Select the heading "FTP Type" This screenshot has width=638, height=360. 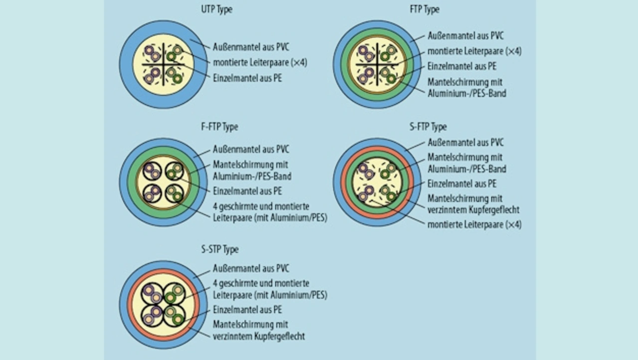tap(424, 9)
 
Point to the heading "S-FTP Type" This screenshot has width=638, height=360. tap(428, 127)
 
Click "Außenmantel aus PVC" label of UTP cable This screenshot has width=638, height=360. tap(251, 47)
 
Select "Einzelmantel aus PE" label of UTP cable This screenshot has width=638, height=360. tap(247, 78)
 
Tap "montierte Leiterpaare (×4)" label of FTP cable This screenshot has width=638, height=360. tap(475, 51)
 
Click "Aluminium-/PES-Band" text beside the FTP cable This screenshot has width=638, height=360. tap(467, 93)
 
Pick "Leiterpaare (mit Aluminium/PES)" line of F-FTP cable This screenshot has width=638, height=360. tap(270, 217)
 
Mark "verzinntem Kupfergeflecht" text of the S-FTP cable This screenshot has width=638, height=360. tap(473, 209)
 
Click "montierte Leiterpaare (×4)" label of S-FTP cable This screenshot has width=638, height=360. tap(475, 224)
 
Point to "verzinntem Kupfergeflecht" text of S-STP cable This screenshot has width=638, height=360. tap(259, 336)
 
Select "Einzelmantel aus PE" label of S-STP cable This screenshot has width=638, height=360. tap(247, 310)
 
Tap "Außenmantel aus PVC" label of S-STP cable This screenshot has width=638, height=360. tap(251, 269)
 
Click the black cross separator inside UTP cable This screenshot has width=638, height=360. tap(163, 64)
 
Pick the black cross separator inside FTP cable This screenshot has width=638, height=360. tap(377, 64)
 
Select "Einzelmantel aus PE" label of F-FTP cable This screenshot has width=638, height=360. tap(247, 191)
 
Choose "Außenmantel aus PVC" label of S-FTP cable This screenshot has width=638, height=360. tap(466, 143)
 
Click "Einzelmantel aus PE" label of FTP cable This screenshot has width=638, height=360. tap(462, 66)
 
